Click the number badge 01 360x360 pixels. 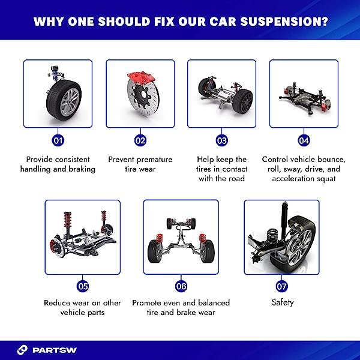coord(58,140)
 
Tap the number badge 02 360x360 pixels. coord(140,140)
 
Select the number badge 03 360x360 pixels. coord(222,140)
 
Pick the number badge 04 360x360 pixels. coord(304,140)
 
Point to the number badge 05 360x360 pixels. coord(83,286)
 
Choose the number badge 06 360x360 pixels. coord(181,286)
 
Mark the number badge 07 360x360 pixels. coord(282,286)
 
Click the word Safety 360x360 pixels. coord(283,302)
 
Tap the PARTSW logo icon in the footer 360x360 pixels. coord(22,350)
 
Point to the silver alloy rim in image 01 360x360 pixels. coord(70,102)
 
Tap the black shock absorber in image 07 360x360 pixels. coord(284,220)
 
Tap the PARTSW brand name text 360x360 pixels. coord(55,350)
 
